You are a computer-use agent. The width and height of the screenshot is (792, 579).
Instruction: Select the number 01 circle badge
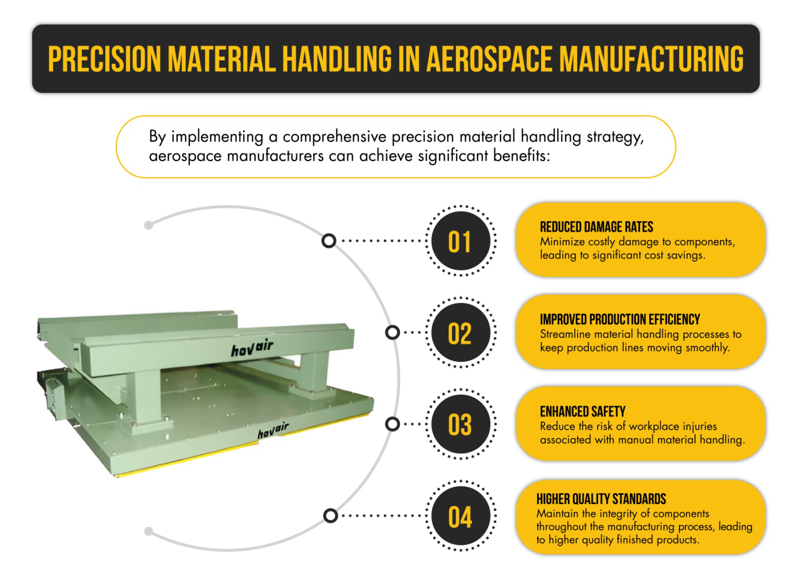point(460,242)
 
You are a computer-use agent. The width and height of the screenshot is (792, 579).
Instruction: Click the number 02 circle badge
point(460,334)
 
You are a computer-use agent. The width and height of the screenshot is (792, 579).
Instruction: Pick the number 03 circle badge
point(460,425)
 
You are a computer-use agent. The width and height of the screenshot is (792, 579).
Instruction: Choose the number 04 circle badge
point(460,516)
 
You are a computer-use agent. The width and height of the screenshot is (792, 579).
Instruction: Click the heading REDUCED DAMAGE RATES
point(596,227)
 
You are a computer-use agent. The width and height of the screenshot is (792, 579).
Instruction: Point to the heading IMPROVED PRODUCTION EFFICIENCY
point(620,320)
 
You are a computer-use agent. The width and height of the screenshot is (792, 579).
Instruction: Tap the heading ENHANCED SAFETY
point(583,412)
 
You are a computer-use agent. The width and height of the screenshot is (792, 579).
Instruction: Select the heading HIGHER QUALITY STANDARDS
point(601,499)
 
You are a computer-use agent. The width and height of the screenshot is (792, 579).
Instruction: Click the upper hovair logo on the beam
point(252,349)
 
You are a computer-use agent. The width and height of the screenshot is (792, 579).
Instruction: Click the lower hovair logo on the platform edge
point(273,430)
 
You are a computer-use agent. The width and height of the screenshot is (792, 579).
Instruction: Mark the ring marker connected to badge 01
point(329,241)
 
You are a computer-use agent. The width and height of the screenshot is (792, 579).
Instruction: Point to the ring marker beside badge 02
point(393,332)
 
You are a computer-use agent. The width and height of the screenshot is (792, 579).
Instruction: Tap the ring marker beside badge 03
point(393,424)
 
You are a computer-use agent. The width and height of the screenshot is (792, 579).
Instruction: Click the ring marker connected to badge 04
point(330,516)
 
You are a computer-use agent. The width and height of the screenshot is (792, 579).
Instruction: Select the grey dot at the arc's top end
point(148,225)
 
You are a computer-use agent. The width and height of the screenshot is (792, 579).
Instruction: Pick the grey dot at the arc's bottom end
point(148,531)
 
